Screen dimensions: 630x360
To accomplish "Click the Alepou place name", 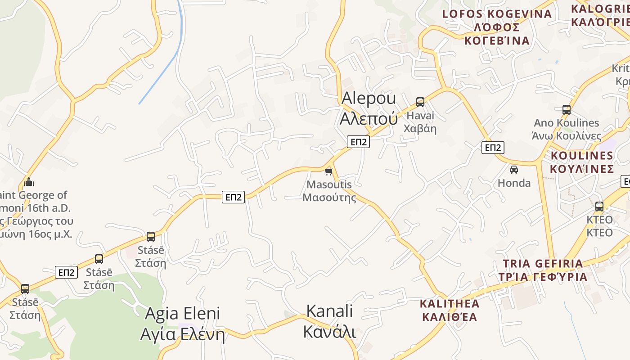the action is click(x=369, y=108).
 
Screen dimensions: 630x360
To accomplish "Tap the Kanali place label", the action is click(x=329, y=321).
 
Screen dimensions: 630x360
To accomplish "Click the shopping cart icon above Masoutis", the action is click(x=328, y=171).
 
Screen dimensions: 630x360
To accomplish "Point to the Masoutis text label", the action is click(x=329, y=191).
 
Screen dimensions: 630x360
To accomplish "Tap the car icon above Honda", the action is click(x=514, y=170).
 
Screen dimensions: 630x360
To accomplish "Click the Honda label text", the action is click(x=514, y=183).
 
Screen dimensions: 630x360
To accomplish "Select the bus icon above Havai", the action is click(x=420, y=102).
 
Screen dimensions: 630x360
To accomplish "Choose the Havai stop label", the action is click(x=420, y=122).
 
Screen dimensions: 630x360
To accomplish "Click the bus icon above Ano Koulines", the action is click(x=567, y=109).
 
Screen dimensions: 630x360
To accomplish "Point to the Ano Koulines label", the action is click(x=567, y=129).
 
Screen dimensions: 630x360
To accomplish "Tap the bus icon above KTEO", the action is click(x=599, y=207).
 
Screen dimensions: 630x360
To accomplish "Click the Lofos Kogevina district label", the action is click(x=497, y=27).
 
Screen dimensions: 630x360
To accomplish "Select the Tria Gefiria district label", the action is click(x=543, y=270).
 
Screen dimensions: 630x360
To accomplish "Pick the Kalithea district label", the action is click(x=449, y=310).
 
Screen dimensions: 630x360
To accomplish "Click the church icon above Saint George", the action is click(x=29, y=182).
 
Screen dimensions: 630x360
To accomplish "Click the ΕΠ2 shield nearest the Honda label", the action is click(x=493, y=148).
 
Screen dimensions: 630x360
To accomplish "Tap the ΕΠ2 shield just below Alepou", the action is click(x=358, y=142).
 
